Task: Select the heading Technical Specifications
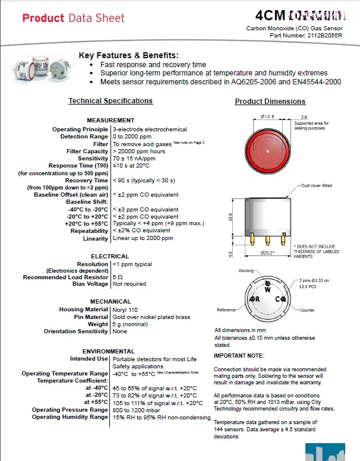[x=110, y=101]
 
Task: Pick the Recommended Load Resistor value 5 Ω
[x=118, y=277]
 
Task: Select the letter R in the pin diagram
[x=257, y=299]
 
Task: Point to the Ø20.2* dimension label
[x=268, y=253]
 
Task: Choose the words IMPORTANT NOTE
[x=238, y=355]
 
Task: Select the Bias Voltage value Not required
[x=129, y=284]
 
